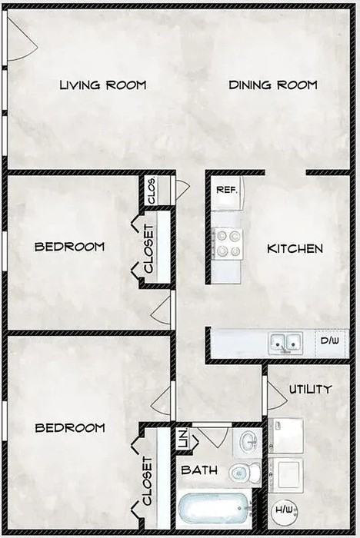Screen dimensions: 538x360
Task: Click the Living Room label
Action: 102,85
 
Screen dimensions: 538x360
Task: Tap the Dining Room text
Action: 272,85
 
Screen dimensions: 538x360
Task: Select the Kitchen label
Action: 294,248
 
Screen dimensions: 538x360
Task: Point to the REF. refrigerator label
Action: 225,189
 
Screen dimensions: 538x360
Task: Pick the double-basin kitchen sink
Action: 284,342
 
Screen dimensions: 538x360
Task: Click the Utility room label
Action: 310,389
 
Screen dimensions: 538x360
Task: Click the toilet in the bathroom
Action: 244,471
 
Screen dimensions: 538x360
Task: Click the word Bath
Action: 199,470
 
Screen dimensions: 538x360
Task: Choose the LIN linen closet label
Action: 182,440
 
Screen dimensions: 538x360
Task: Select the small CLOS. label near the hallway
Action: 152,192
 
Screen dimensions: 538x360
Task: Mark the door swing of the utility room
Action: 275,395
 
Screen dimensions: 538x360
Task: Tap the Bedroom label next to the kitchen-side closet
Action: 69,247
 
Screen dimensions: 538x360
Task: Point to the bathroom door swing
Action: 212,434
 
